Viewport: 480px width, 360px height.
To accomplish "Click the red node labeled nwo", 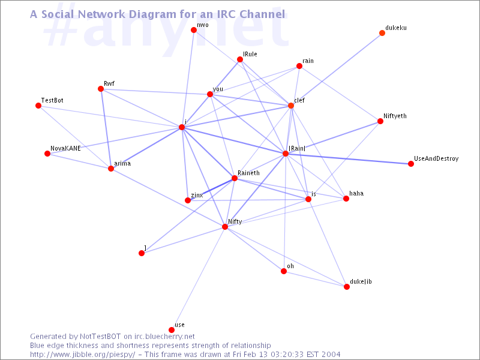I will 194,30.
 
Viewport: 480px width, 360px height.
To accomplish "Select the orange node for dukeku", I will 382,33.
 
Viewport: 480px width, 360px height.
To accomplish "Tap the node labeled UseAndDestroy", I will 411,163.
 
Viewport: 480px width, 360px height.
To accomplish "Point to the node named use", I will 172,330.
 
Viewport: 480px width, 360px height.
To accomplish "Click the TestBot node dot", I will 38,106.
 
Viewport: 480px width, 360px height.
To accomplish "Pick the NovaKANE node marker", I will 47,154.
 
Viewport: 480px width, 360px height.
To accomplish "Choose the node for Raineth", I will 235,178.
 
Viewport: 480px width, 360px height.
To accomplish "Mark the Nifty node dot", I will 225,227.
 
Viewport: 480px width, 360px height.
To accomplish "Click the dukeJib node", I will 347,287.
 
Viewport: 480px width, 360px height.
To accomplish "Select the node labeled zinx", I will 188,200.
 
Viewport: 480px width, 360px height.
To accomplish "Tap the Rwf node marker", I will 101,89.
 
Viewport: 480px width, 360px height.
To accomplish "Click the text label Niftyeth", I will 395,116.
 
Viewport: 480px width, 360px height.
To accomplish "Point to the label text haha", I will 356,193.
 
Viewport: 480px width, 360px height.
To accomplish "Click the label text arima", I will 122,163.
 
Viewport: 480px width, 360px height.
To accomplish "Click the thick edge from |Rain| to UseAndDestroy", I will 348,158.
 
